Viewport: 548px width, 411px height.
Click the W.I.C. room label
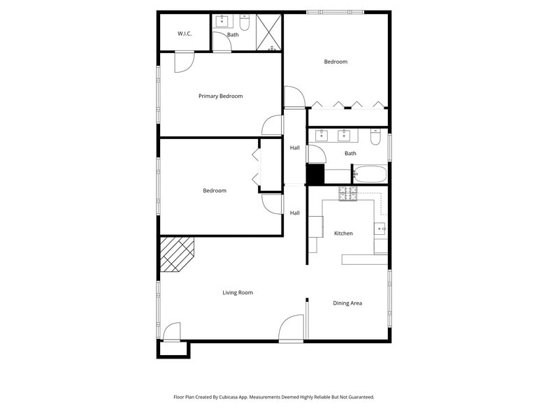pos(185,34)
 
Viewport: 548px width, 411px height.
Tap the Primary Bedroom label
pos(220,96)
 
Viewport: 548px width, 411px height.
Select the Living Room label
pos(238,292)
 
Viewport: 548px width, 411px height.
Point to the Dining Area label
pos(347,303)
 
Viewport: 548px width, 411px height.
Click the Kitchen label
pos(343,233)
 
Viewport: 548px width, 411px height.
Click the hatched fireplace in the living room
pos(176,253)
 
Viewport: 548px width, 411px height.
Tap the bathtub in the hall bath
pos(369,173)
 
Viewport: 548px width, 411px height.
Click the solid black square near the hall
pos(316,174)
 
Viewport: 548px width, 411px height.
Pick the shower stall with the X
pos(268,32)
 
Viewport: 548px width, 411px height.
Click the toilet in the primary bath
pos(245,20)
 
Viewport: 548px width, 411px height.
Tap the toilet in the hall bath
pos(375,138)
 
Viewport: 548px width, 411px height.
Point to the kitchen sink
pos(380,228)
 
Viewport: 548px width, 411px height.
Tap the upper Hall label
pos(295,147)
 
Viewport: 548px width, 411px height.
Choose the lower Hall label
pos(295,213)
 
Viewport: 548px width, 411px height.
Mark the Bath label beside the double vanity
pos(350,153)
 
